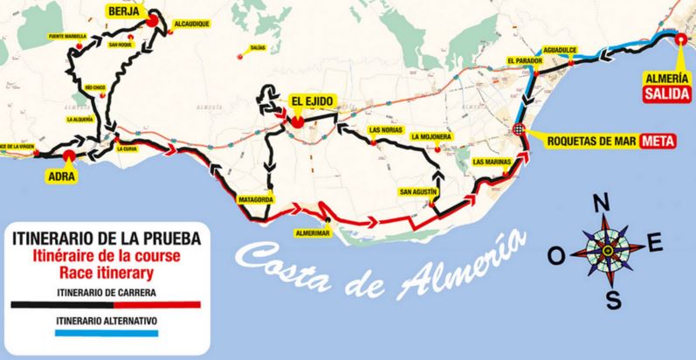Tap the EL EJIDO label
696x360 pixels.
click(x=308, y=101)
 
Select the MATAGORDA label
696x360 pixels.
click(x=255, y=199)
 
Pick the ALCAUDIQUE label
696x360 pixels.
click(x=192, y=24)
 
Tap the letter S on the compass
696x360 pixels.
click(x=614, y=300)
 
